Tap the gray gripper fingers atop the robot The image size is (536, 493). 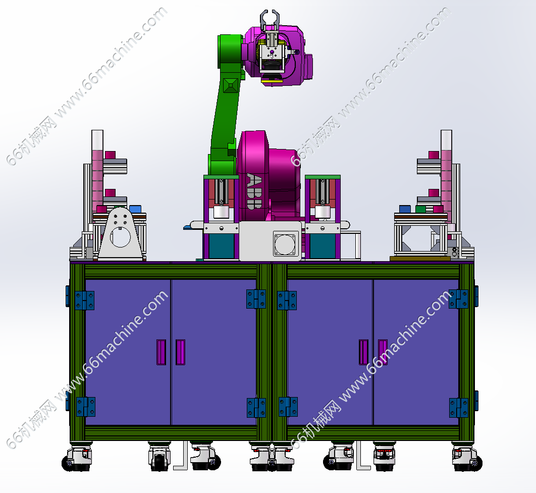(x=269, y=20)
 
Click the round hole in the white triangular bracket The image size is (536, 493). (x=120, y=237)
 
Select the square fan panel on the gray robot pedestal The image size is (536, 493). (x=286, y=243)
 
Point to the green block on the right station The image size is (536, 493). (x=420, y=209)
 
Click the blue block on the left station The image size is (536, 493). (x=135, y=209)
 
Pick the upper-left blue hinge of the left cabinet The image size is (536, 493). (x=84, y=301)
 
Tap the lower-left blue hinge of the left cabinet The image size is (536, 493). (x=85, y=407)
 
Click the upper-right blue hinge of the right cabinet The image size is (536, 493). (x=459, y=299)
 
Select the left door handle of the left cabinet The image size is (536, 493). (x=161, y=352)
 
